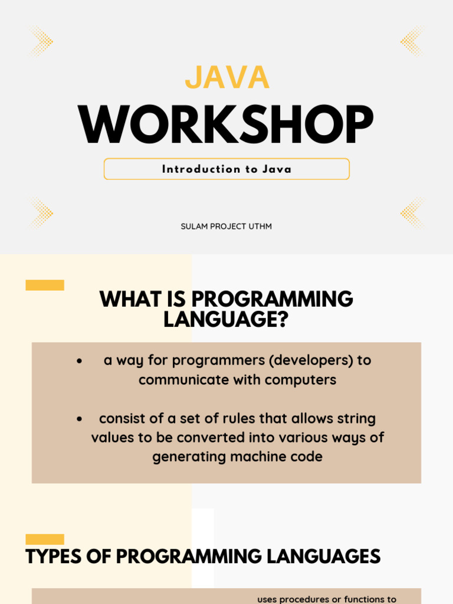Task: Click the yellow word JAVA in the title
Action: (227, 77)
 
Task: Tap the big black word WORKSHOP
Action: (226, 124)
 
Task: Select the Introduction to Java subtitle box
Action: (226, 169)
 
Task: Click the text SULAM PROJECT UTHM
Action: (226, 226)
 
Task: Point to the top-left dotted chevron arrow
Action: (41, 41)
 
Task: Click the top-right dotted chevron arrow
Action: (412, 41)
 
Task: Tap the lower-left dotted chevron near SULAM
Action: (41, 213)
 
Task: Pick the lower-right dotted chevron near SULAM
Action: (412, 213)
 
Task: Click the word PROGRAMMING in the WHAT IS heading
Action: (272, 299)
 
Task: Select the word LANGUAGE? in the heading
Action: (226, 319)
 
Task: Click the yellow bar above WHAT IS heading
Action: (45, 285)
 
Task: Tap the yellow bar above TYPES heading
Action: (45, 539)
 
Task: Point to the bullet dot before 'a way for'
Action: (80, 361)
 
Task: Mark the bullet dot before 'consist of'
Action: (80, 419)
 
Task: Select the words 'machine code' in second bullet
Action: (276, 457)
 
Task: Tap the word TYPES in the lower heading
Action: (54, 557)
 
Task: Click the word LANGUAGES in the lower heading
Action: (324, 557)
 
